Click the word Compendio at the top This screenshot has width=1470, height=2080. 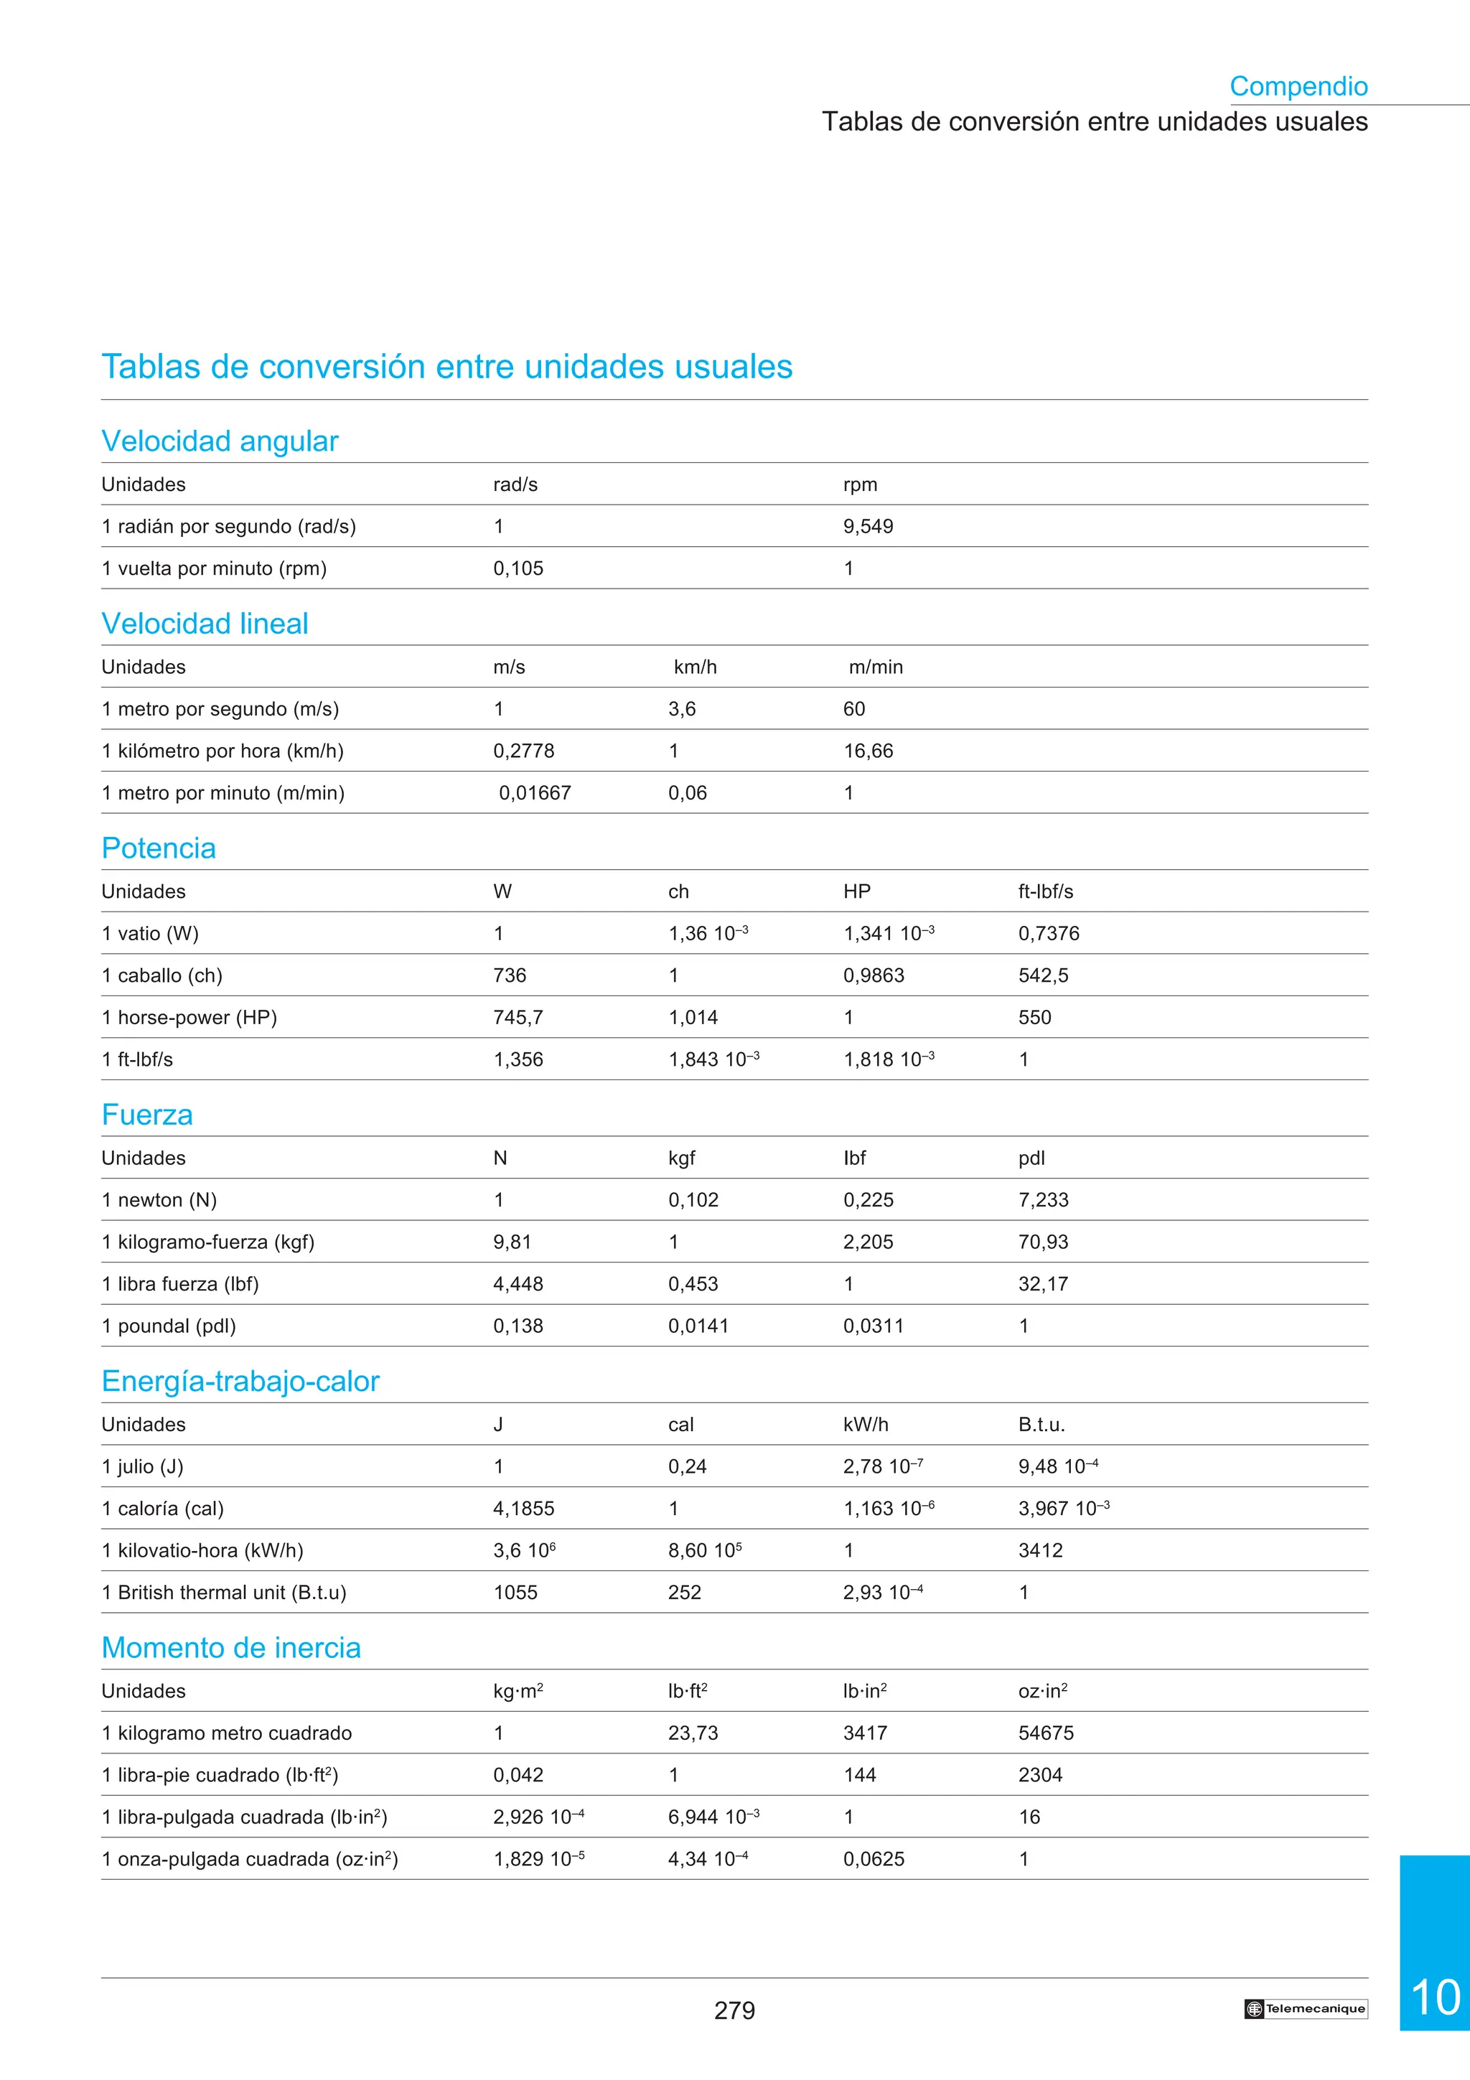1298,86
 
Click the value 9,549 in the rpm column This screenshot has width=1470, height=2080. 868,526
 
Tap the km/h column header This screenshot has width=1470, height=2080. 695,667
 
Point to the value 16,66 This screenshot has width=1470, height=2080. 868,751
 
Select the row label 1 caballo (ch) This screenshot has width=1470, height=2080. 162,975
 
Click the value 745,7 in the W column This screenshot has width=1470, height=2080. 518,1017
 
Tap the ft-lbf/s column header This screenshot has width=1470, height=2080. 1045,891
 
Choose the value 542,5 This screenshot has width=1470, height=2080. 1042,975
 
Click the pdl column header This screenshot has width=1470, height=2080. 1031,1158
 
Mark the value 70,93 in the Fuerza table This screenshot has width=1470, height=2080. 1042,1242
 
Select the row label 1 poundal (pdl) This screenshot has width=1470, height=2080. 169,1326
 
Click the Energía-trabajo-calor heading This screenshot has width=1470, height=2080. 240,1381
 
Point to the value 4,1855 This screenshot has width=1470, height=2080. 523,1509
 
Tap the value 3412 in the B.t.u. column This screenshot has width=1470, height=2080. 1040,1550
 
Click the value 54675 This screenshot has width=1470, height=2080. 1045,1733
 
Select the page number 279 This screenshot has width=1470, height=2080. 734,2010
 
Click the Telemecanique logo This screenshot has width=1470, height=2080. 1305,2008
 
